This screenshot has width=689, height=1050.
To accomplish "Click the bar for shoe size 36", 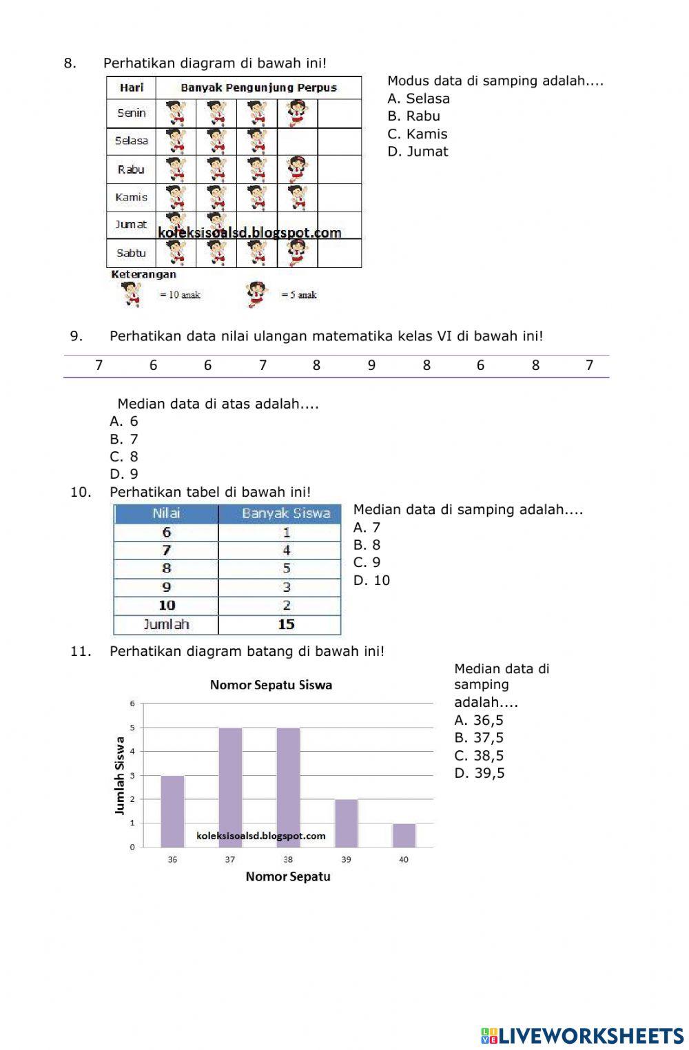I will click(x=172, y=811).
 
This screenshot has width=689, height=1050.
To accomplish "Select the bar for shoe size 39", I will click(x=346, y=823).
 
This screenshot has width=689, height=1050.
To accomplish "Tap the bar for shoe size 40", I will click(x=404, y=835).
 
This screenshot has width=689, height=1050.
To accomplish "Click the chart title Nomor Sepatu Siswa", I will click(x=271, y=685).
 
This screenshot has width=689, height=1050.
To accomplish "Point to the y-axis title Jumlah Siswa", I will click(x=120, y=775).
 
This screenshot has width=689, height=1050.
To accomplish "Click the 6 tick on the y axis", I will click(x=132, y=703).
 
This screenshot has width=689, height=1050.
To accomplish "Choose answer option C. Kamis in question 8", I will click(x=418, y=134).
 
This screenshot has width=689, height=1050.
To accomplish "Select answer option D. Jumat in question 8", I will click(x=418, y=152).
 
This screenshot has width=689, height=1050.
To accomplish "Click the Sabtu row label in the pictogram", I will click(x=131, y=253).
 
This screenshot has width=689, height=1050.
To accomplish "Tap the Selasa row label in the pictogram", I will click(x=131, y=141).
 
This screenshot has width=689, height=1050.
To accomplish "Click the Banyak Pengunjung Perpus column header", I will click(x=258, y=87).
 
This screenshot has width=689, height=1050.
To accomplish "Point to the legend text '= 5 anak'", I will click(x=299, y=295).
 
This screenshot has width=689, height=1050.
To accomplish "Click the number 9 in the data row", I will click(x=371, y=365).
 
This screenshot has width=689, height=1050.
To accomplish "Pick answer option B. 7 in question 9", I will click(x=125, y=439).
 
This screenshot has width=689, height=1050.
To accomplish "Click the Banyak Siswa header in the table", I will click(x=286, y=513).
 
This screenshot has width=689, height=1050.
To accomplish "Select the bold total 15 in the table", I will click(x=286, y=624).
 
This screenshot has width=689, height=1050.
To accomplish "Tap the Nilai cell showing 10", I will click(x=167, y=605).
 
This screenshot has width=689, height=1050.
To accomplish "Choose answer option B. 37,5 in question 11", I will click(x=479, y=738).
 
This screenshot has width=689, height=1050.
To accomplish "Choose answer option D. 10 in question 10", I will click(x=372, y=580).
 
